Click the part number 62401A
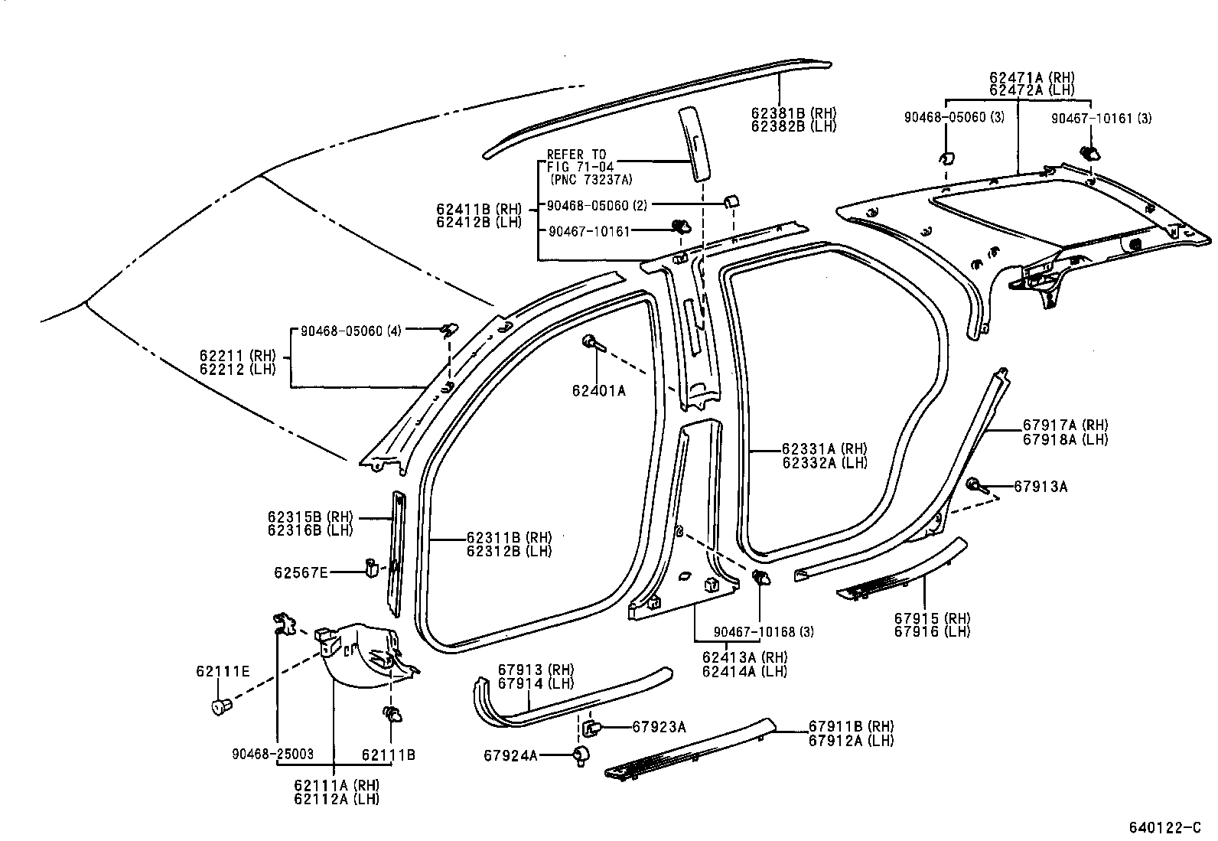[x=598, y=391]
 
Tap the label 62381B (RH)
[x=793, y=112]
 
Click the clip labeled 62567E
[x=372, y=568]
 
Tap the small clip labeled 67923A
[x=591, y=726]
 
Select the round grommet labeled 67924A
[x=581, y=755]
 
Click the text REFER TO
[x=576, y=155]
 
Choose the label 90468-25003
[x=273, y=754]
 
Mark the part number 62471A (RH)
[x=1031, y=77]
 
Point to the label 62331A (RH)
[x=824, y=449]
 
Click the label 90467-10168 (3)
[x=763, y=632]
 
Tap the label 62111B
[x=388, y=755]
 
